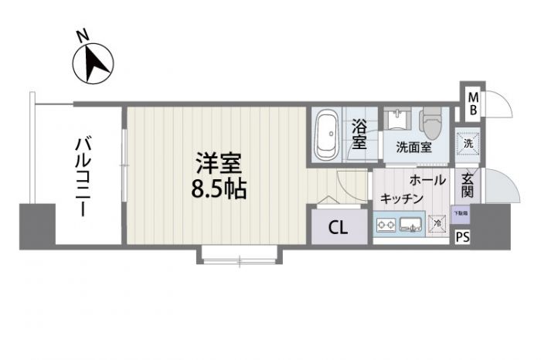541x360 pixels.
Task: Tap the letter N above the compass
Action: [x=81, y=36]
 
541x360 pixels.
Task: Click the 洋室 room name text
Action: [x=219, y=165]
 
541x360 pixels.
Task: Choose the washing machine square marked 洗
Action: [x=468, y=144]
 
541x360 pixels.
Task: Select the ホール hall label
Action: [x=427, y=180]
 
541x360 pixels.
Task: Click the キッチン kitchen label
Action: [x=401, y=199]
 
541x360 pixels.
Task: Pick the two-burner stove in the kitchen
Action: [x=386, y=226]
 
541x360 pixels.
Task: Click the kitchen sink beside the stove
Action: [x=411, y=226]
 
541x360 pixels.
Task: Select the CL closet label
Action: [x=338, y=228]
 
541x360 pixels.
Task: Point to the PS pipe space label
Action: [x=462, y=237]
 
